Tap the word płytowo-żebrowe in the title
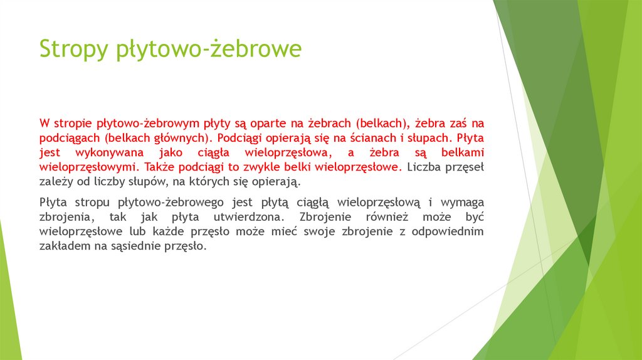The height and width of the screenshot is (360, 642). (209, 49)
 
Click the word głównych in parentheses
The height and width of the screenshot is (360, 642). (181, 137)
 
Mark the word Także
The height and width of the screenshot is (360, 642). (159, 167)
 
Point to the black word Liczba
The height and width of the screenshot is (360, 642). (425, 167)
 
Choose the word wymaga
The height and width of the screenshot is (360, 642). (463, 203)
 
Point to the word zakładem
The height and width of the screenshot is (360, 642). (62, 247)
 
